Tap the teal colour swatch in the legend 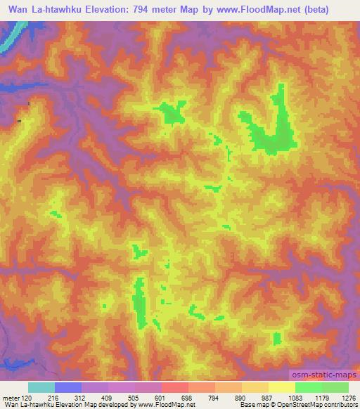pyautogui.click(x=41, y=387)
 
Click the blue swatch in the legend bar pyautogui.click(x=68, y=387)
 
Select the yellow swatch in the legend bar pyautogui.click(x=282, y=387)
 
